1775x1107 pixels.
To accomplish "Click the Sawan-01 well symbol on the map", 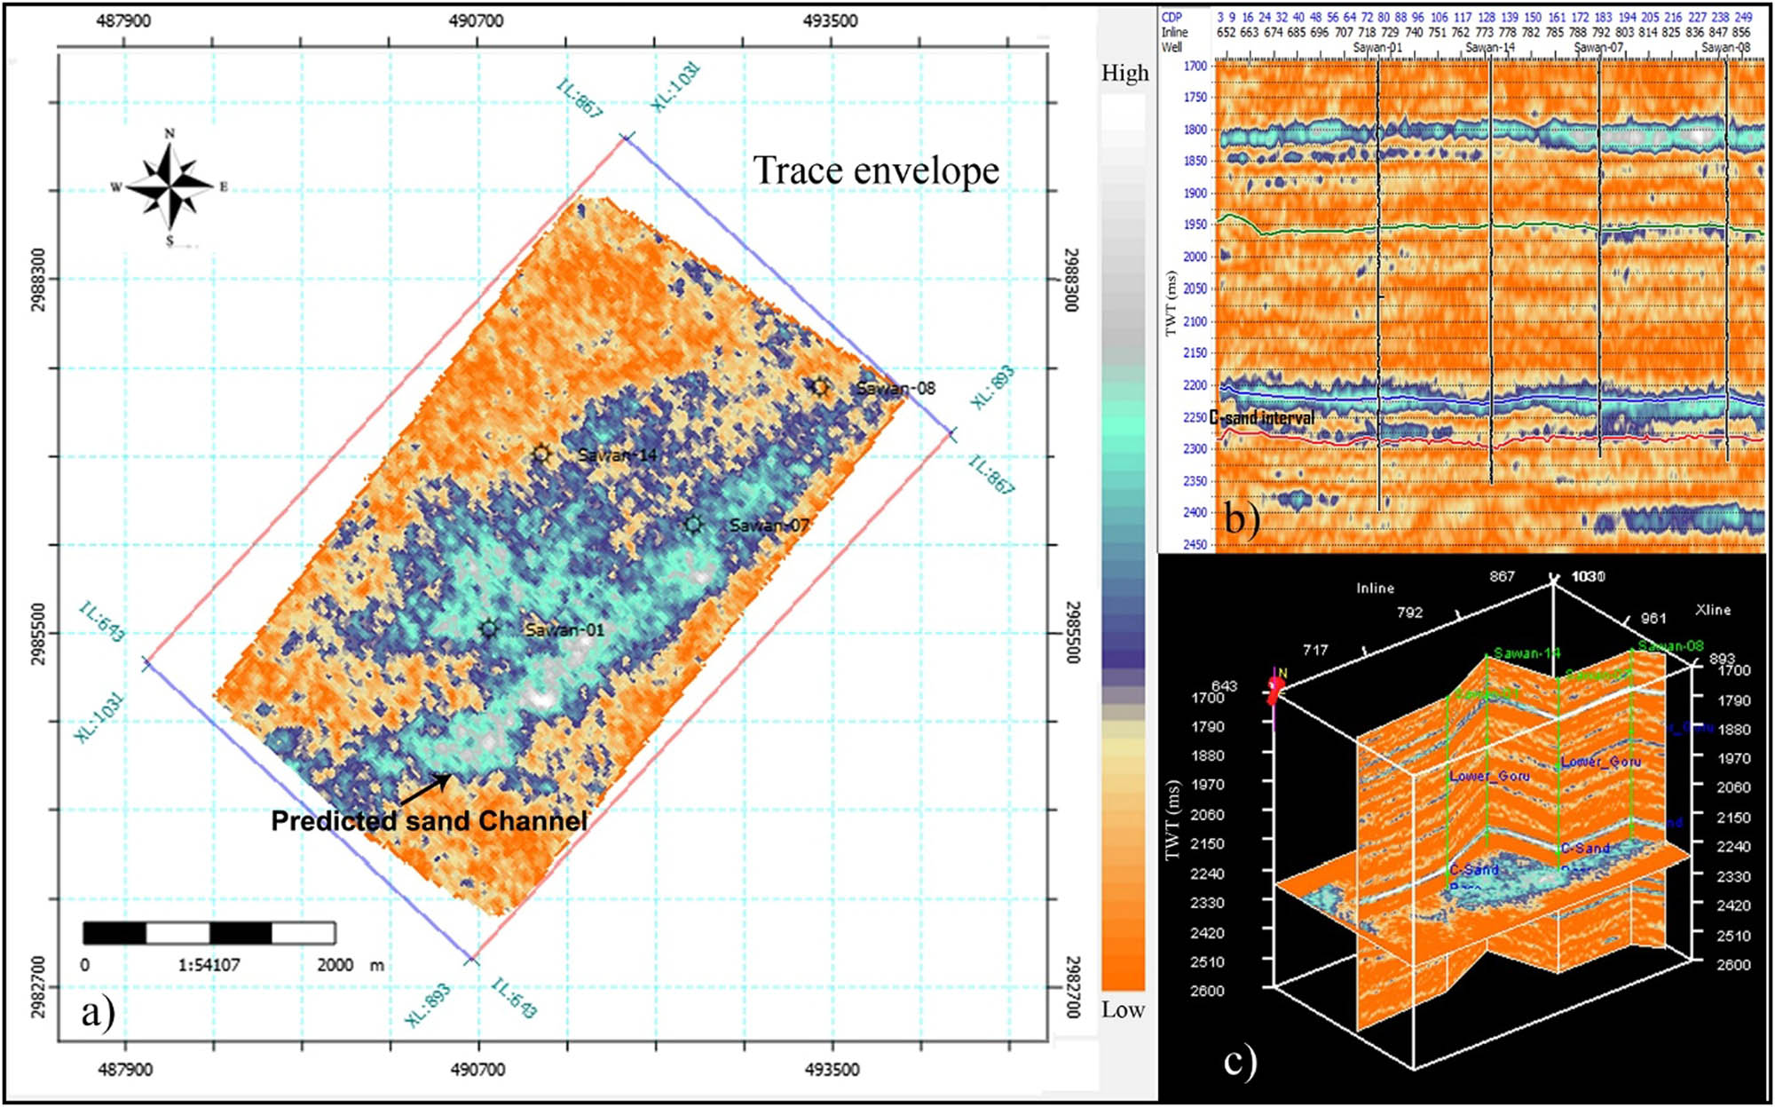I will click(x=489, y=629).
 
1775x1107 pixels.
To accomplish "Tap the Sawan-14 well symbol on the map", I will click(x=541, y=455).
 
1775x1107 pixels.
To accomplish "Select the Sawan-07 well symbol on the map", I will click(x=693, y=525).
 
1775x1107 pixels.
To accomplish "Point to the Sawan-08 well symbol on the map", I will click(x=820, y=386).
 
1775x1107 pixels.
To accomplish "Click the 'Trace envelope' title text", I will click(x=876, y=170).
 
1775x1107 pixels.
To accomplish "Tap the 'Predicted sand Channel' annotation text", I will click(x=430, y=820).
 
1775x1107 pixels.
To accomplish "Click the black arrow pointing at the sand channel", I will click(x=427, y=787).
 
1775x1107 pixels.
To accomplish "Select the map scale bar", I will click(x=209, y=933).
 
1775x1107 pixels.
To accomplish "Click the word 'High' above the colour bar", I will click(x=1124, y=74).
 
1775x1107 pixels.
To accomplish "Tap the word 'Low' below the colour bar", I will click(x=1123, y=1010).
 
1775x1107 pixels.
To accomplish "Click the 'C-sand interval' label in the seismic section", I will click(x=1262, y=418).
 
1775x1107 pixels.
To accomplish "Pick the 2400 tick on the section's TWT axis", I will click(x=1195, y=512).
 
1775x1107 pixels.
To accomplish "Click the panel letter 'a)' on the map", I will click(x=98, y=1012).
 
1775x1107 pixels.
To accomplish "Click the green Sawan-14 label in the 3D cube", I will click(x=1526, y=653).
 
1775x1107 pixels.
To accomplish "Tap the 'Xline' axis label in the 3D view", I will click(x=1712, y=610).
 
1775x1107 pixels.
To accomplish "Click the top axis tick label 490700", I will click(x=477, y=20).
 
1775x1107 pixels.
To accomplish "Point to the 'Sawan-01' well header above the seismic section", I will click(x=1377, y=47).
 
